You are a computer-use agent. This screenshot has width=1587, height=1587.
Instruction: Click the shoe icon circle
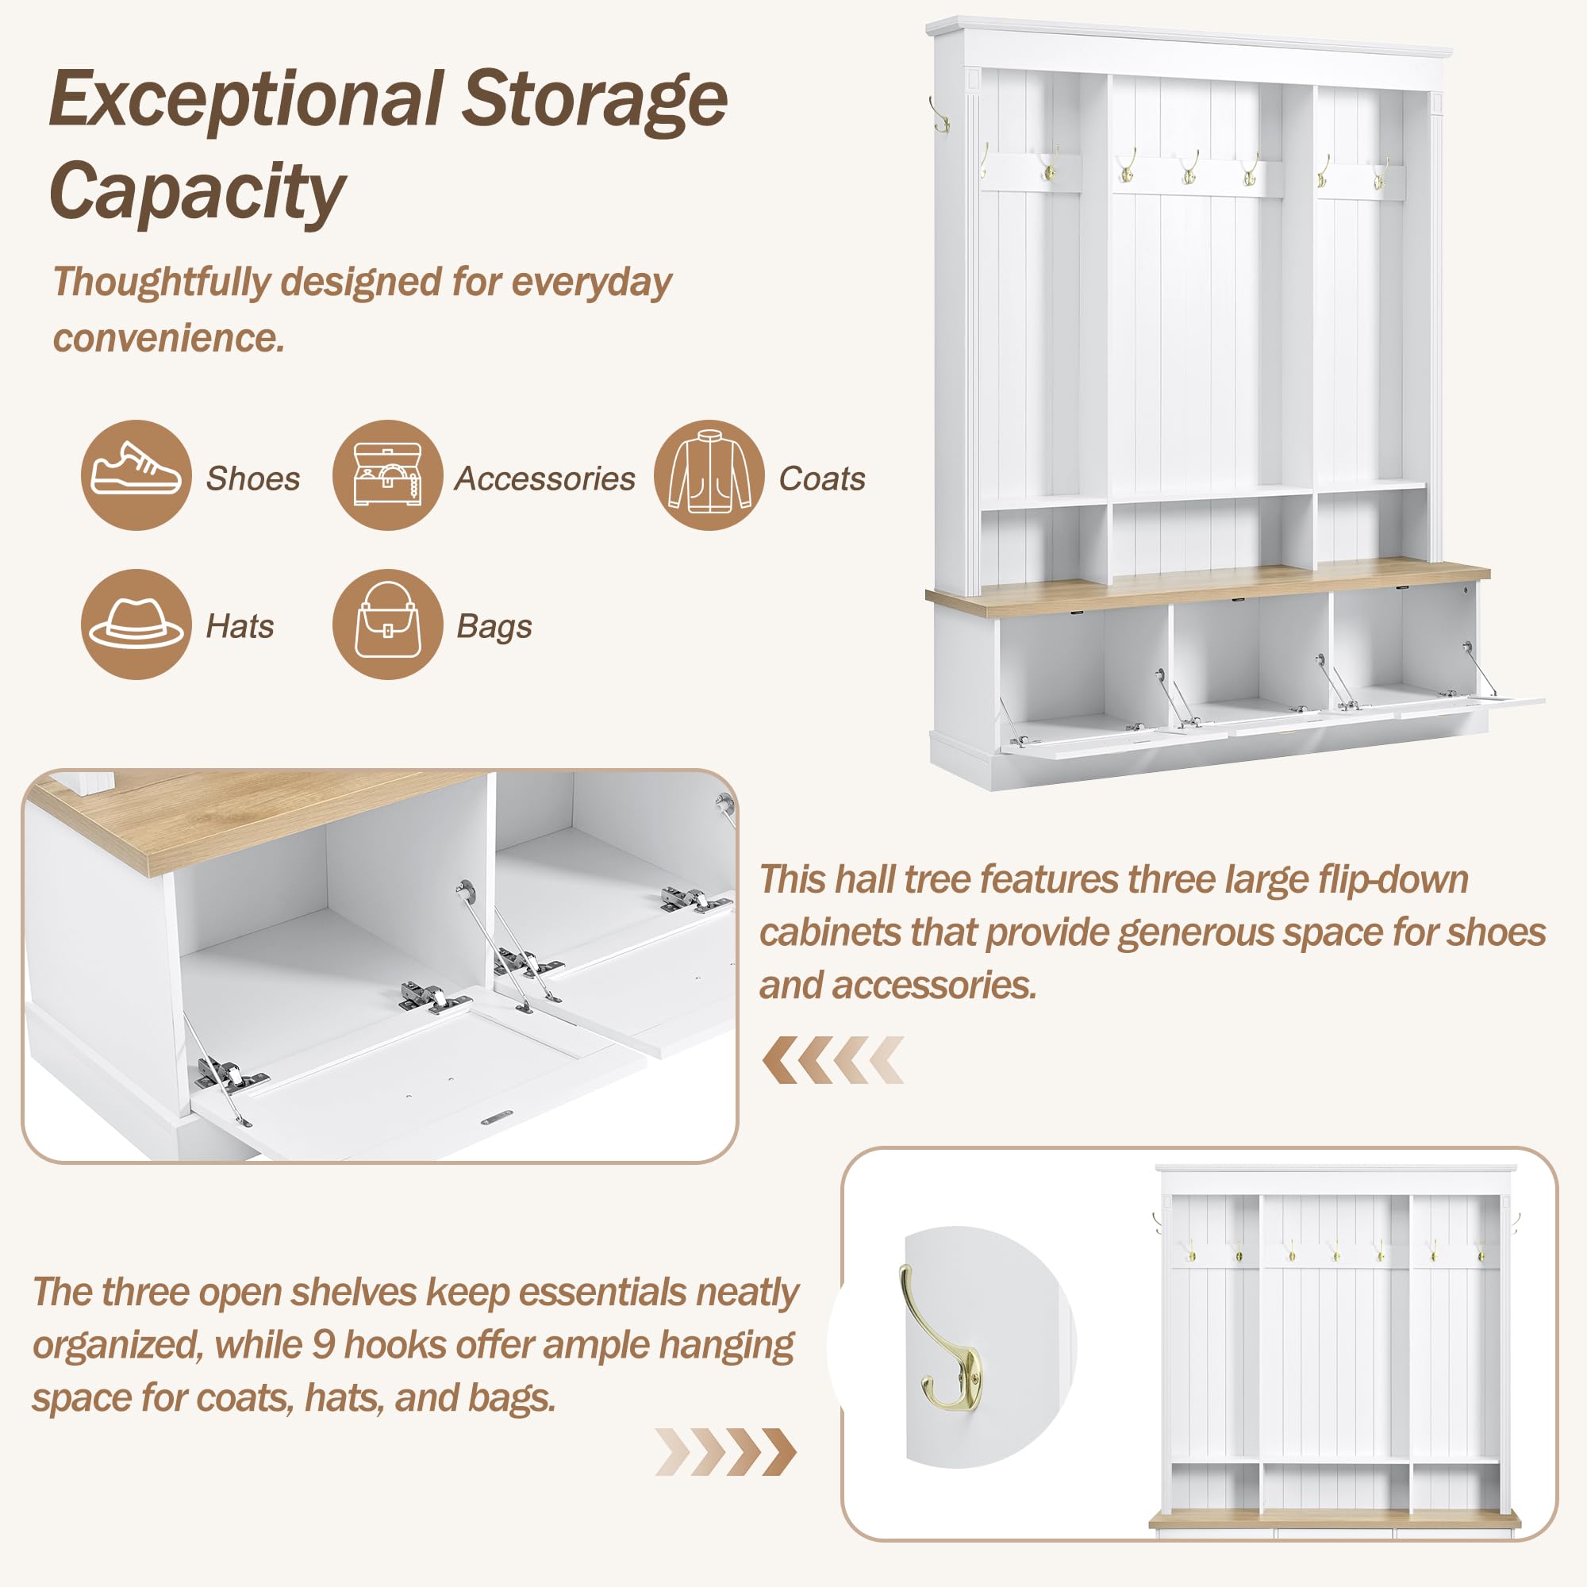[136, 475]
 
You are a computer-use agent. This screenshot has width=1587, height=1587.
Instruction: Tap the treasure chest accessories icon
[388, 475]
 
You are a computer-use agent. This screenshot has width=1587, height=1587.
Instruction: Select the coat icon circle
[709, 475]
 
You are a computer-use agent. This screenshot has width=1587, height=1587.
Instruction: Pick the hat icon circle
[136, 624]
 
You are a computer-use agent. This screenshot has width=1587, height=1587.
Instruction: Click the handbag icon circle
[388, 624]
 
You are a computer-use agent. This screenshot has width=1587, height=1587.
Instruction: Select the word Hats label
[240, 626]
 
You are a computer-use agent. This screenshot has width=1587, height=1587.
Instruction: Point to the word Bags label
[494, 628]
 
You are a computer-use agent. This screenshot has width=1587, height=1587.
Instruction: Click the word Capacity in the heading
[197, 192]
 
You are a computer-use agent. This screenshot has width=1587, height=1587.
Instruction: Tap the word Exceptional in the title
[248, 100]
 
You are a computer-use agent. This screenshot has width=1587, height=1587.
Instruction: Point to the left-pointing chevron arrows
[832, 1059]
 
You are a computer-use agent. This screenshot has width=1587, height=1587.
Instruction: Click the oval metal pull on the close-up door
[497, 1118]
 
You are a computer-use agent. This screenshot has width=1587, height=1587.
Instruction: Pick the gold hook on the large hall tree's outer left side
[940, 115]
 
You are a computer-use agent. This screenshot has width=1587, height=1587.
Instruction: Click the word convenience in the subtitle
[169, 337]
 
